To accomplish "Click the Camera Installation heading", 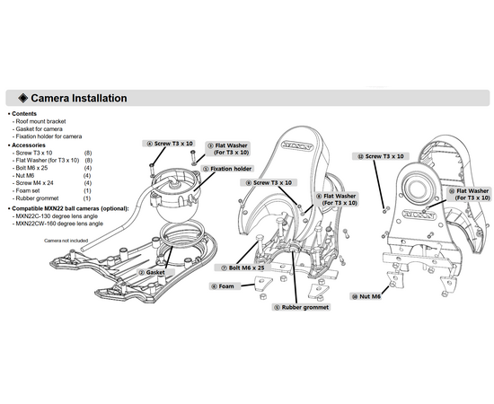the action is [79, 98].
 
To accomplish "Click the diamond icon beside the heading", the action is [23, 98].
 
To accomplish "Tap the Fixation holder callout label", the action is [227, 169].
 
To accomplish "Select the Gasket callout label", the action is [153, 272].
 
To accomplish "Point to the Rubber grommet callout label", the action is [302, 307].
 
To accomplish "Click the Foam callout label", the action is [223, 286].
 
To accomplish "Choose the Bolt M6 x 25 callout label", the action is [243, 268].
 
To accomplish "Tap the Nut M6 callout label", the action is [366, 296].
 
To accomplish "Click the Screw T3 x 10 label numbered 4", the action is [170, 144].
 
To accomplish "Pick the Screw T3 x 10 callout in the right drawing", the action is [381, 156].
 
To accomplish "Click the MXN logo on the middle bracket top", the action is [296, 145].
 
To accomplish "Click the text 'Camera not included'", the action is [66, 241].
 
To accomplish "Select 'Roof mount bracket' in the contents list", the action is [40, 121].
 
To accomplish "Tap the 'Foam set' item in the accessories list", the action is [28, 190].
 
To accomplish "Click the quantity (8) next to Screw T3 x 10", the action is [88, 153].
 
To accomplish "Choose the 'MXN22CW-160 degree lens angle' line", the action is [59, 224].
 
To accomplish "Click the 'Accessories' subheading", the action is [29, 145].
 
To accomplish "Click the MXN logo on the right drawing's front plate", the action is [419, 215].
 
